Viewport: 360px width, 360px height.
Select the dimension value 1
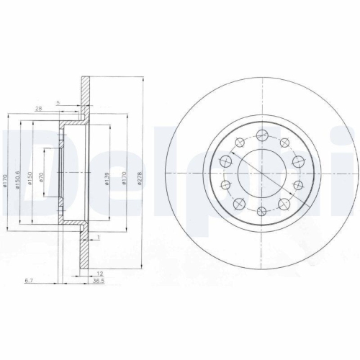click(98, 237)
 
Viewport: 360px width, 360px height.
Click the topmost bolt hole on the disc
click(261, 133)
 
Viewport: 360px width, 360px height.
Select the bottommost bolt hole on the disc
click(261, 208)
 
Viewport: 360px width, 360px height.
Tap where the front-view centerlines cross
click(261, 171)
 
